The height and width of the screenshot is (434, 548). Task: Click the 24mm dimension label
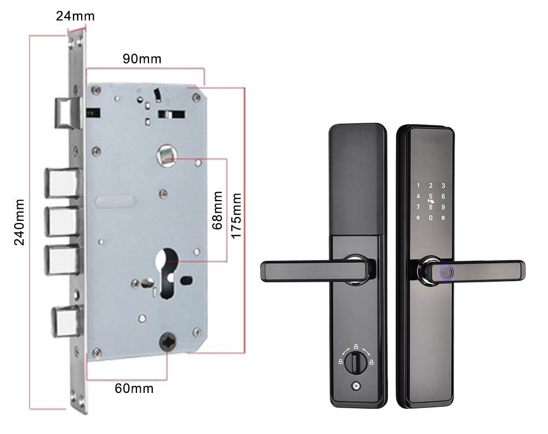point(75,16)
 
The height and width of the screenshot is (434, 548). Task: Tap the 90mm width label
point(142,59)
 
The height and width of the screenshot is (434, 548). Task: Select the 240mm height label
point(19,221)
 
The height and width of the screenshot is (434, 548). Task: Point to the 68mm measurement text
point(218,210)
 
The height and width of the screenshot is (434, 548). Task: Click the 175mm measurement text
point(236,215)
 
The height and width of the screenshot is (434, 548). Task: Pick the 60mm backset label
point(134,389)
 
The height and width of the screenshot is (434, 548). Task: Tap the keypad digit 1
point(418,186)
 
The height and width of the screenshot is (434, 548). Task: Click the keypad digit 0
point(431,218)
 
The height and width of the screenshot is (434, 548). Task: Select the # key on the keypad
point(443,218)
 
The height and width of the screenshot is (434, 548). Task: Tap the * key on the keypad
point(418,218)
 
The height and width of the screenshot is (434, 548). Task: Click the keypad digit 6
point(443,197)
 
